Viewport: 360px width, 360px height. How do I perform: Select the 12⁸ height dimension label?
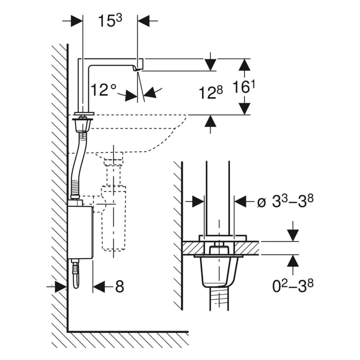pyautogui.click(x=211, y=93)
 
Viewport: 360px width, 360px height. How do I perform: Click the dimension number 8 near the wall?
pyautogui.click(x=119, y=286)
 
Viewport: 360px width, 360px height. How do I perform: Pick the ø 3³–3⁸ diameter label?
pyautogui.click(x=285, y=201)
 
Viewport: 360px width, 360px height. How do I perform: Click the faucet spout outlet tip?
pyautogui.click(x=138, y=68)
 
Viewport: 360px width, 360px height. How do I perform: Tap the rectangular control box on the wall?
pyautogui.click(x=80, y=230)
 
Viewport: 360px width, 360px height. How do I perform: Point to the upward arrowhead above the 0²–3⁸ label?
pyautogui.click(x=293, y=261)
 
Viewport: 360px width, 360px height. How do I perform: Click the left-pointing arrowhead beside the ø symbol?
pyautogui.click(x=240, y=201)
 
